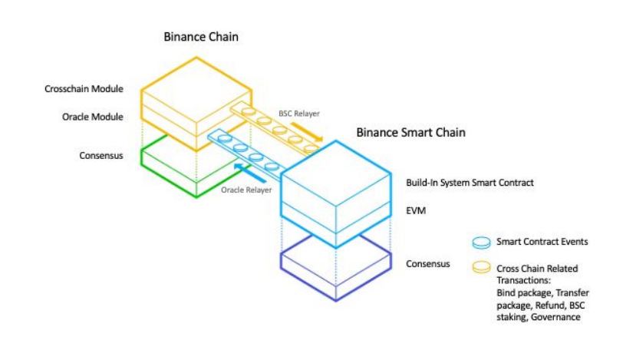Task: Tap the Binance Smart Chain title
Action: pyautogui.click(x=410, y=133)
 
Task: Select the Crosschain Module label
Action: pyautogui.click(x=84, y=90)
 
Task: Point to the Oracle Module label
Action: pyautogui.click(x=93, y=117)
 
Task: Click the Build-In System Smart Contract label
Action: pyautogui.click(x=470, y=183)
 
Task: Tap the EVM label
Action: pyautogui.click(x=415, y=209)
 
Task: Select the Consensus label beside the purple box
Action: pyautogui.click(x=428, y=264)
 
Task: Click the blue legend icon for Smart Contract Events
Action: pyautogui.click(x=482, y=242)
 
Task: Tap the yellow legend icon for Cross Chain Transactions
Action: pyautogui.click(x=482, y=268)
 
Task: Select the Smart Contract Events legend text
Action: pyautogui.click(x=542, y=242)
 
